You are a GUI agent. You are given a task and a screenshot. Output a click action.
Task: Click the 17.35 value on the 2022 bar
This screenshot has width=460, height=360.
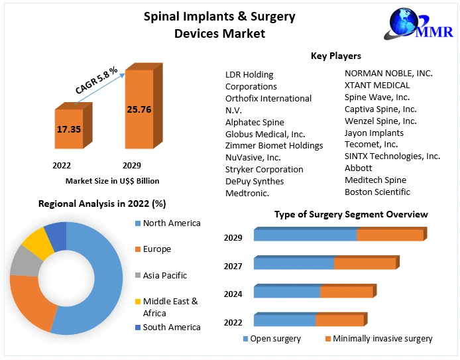pos(69,129)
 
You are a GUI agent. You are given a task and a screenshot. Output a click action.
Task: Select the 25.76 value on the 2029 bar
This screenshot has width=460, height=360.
pos(139,109)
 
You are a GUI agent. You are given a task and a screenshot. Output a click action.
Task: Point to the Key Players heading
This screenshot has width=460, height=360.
pos(336,56)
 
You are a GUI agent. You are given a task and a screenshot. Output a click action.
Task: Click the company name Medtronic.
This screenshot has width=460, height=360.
pos(247,193)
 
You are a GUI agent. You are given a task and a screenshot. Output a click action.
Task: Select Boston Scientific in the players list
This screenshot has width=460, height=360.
pos(377,192)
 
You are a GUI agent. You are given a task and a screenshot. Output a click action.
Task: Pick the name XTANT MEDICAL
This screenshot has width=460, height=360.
pos(377,85)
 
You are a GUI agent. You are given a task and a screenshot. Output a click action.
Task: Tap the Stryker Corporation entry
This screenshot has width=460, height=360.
pos(264,169)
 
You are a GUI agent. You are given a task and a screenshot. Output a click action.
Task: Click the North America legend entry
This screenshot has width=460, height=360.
pos(171,223)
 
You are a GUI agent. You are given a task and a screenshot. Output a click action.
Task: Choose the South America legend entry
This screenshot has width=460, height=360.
pos(171,327)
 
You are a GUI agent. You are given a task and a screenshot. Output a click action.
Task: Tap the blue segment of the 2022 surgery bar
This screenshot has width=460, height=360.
pos(284,321)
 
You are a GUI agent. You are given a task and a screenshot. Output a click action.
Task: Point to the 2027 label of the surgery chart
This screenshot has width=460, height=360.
pos(233,266)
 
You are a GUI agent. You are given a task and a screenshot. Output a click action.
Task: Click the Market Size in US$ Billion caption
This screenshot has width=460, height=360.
pos(112,180)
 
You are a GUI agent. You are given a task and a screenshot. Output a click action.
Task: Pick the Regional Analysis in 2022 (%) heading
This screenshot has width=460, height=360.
pos(102,204)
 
